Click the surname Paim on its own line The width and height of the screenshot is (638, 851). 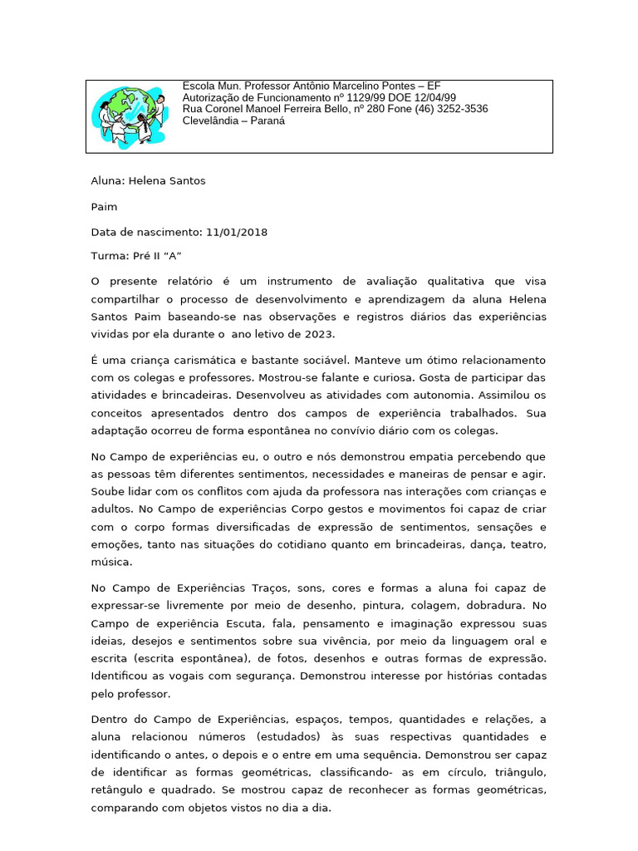[x=104, y=207]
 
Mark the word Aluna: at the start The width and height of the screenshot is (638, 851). [x=107, y=180]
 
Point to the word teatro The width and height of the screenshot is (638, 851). [x=525, y=544]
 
